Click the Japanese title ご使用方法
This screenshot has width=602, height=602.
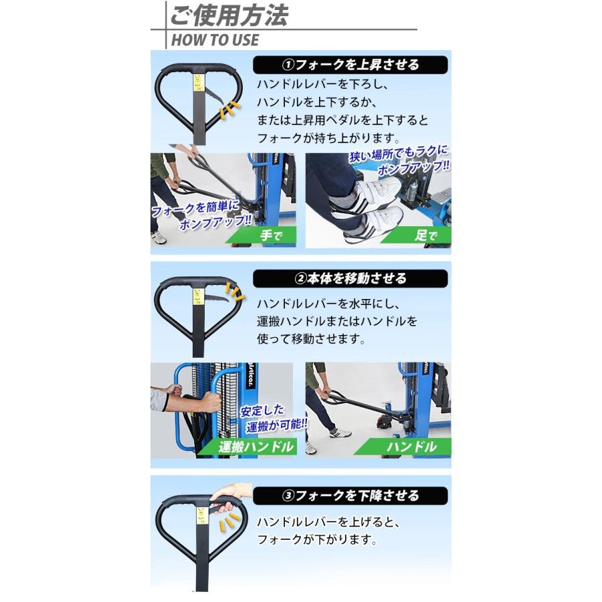[x=229, y=15]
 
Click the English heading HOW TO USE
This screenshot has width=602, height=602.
[x=215, y=40]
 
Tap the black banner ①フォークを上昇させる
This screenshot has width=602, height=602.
[x=350, y=65]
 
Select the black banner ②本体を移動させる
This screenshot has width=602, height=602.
[x=350, y=278]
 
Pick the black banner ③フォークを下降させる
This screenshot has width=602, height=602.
[x=350, y=496]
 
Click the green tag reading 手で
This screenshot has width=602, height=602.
[x=265, y=235]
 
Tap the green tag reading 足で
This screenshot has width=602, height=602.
[x=421, y=235]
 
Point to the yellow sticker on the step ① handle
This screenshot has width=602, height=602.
[x=199, y=82]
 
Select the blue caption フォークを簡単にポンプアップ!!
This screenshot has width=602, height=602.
[x=201, y=215]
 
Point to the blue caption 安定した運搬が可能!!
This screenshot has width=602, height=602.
[x=274, y=418]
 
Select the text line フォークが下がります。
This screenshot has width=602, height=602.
[x=317, y=539]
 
